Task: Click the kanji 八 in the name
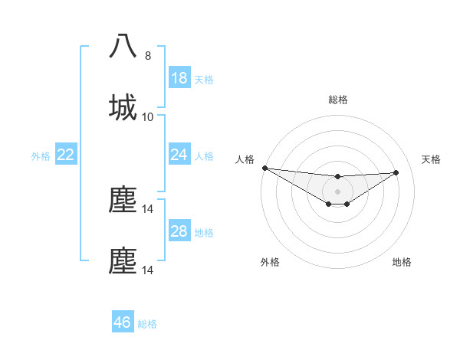point(123,47)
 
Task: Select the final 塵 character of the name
point(123,260)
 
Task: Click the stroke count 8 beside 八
point(148,56)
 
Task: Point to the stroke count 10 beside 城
point(148,117)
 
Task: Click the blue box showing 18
point(179,78)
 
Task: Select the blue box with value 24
point(179,155)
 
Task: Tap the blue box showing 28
point(179,231)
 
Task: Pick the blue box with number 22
point(66,155)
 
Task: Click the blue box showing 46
point(123,322)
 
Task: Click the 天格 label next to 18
point(204,80)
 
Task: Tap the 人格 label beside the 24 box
point(204,156)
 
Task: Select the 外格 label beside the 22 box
point(41,156)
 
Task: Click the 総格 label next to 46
point(147,324)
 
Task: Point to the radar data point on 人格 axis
point(264,168)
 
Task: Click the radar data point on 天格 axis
point(396,172)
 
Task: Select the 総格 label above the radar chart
point(338,100)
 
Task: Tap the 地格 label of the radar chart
point(402,262)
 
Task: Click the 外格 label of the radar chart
point(270,262)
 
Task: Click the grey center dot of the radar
point(337,191)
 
